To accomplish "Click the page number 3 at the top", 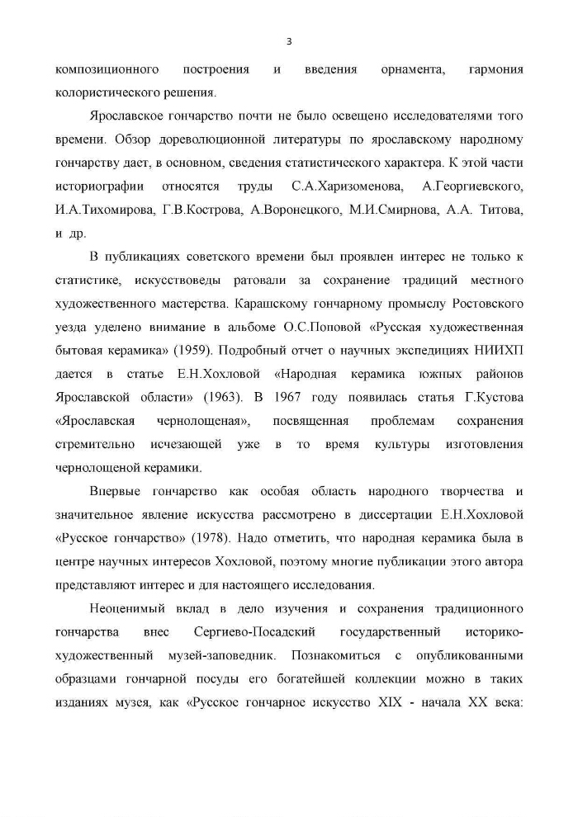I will click(289, 41).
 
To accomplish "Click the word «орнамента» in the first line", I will click(411, 70).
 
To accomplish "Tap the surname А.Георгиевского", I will click(472, 187).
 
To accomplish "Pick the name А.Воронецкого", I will click(293, 210).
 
